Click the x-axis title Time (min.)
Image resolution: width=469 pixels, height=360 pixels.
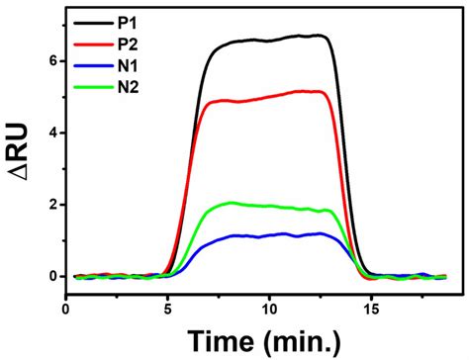pos(265,340)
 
